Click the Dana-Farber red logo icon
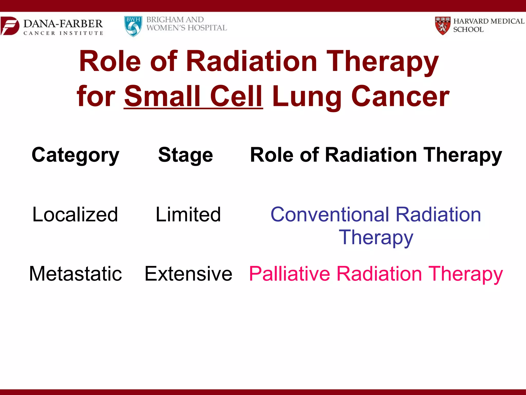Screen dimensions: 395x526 10,26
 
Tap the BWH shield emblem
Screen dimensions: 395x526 133,26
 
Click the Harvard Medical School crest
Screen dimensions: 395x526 443,25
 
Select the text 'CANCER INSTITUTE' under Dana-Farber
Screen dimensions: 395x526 63,33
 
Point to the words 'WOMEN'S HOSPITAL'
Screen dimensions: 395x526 187,28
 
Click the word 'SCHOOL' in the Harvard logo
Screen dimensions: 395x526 468,30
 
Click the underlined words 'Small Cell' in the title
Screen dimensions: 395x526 193,96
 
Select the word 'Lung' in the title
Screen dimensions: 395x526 307,97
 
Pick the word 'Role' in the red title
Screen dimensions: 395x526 110,61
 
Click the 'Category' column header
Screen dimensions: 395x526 75,155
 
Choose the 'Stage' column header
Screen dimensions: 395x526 185,155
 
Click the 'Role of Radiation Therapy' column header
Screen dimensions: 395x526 376,155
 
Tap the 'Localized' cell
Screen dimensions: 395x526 75,214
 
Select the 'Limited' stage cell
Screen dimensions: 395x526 188,214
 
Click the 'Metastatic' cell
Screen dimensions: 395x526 76,274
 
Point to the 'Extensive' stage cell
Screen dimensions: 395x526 188,274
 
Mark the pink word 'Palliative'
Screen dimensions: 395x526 289,274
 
